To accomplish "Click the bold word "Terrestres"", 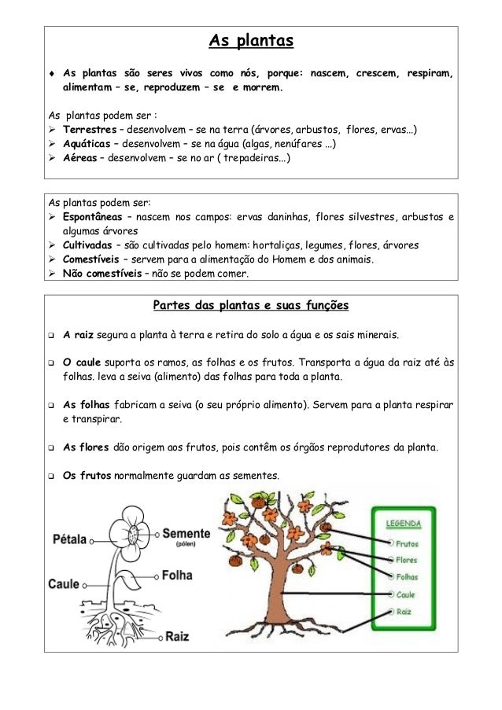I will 90,130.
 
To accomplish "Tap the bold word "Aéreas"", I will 81,158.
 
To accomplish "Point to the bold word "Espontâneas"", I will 96,218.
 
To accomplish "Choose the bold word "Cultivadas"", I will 90,245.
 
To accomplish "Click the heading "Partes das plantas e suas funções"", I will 250,304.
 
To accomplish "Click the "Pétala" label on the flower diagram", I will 70,540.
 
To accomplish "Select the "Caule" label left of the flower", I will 64,585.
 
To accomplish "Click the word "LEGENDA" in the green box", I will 403,524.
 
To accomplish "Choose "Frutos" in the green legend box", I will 407,543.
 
